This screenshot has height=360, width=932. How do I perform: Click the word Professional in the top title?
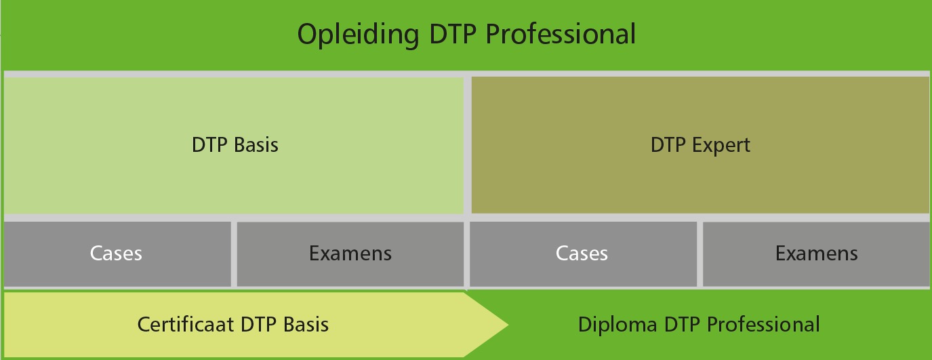point(561,34)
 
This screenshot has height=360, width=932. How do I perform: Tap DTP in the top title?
point(452,34)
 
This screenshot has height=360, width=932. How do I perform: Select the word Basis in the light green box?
point(256,145)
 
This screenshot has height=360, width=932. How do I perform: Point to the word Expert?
point(721,146)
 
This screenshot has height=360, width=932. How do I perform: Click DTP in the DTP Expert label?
point(668,145)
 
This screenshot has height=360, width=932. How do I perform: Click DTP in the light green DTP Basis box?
point(209,145)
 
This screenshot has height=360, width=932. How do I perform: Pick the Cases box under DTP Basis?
point(117,254)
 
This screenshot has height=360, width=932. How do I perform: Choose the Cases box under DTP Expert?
point(583,254)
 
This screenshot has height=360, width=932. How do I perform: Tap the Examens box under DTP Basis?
point(350,254)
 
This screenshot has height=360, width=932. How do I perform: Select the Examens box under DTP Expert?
point(816,254)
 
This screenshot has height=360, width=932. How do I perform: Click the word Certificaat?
point(185,324)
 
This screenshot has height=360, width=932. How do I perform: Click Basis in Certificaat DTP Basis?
point(306,324)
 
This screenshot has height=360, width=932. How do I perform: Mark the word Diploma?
point(617,325)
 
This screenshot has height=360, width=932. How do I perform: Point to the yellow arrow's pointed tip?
point(508,325)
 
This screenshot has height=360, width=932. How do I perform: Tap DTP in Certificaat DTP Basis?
point(258,324)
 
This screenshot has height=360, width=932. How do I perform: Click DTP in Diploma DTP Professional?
point(682,324)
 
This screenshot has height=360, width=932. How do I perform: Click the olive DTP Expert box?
point(700,145)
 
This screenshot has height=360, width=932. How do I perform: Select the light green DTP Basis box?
point(234,146)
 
